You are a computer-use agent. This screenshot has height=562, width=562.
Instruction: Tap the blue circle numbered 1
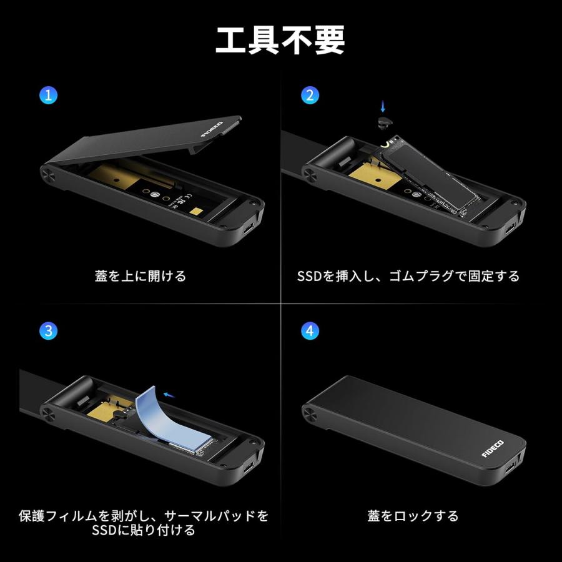coord(48,96)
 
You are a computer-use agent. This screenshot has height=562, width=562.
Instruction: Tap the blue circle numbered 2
coord(310,96)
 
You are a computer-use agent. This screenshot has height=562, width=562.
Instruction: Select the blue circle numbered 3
coord(48,330)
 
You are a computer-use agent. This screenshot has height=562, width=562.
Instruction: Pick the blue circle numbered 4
coord(310,330)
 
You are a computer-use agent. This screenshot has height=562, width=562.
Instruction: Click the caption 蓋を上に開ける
coord(140,275)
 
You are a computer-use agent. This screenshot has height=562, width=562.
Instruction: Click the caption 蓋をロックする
coord(413,516)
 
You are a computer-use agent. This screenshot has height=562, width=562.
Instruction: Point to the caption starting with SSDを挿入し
coord(408,275)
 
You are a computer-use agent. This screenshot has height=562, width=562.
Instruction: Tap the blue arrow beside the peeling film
coord(167,393)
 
